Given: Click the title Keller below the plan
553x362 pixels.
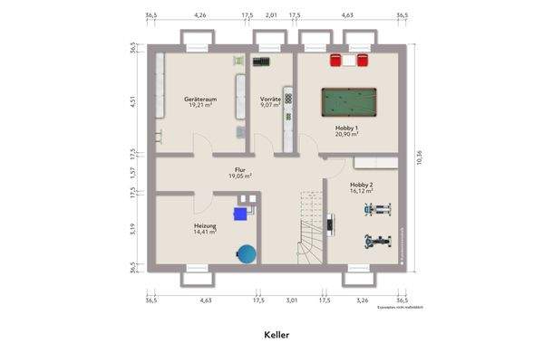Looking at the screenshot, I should coord(276,334).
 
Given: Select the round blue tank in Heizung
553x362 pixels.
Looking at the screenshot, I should coord(246,254).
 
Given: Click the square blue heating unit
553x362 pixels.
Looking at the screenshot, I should coord(241,214).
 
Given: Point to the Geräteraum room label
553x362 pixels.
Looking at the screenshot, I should coord(199,98).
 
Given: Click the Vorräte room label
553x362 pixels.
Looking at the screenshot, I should coord(269,98).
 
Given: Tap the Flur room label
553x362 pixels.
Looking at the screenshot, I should coord(240,169).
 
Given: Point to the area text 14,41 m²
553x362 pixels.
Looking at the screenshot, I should coord(204,232).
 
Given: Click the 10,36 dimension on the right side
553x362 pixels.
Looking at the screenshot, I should coord(419,159).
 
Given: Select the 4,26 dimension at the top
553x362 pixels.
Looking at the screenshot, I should coord(199,15).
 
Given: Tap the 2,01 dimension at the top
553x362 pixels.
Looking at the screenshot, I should coord(271,15).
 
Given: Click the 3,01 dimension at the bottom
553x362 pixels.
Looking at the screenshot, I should coord(292,300).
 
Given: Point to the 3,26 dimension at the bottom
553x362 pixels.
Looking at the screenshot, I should coord(362,300).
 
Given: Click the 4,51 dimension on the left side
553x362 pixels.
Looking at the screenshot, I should coord(132,101).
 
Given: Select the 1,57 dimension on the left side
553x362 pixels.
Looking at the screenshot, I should coord(132,171).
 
